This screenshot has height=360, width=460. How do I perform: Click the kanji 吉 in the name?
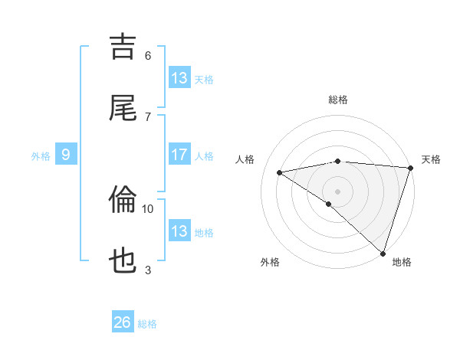click(x=123, y=47)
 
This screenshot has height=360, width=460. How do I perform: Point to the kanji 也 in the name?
click(x=123, y=261)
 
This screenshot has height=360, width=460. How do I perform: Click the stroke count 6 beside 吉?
click(x=148, y=56)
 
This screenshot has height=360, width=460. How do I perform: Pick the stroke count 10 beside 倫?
click(x=148, y=208)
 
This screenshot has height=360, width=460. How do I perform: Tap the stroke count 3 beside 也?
click(x=148, y=269)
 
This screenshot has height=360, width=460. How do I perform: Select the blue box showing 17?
click(x=179, y=155)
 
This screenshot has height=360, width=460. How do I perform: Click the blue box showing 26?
click(x=123, y=322)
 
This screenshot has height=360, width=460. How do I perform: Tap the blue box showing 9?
click(x=66, y=155)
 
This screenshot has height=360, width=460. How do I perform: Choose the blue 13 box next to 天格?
click(x=179, y=78)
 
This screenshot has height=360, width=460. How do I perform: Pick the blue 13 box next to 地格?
click(x=179, y=231)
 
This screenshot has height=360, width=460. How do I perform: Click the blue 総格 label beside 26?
click(x=148, y=324)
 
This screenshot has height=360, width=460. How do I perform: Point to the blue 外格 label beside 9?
click(x=41, y=156)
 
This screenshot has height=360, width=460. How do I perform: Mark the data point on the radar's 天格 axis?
click(x=410, y=168)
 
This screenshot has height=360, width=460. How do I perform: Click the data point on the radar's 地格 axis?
click(x=383, y=253)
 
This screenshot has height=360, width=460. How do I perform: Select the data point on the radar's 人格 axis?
click(x=280, y=172)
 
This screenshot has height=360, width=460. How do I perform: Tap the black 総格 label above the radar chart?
click(x=337, y=100)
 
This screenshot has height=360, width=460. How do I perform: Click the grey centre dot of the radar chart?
click(x=337, y=191)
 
